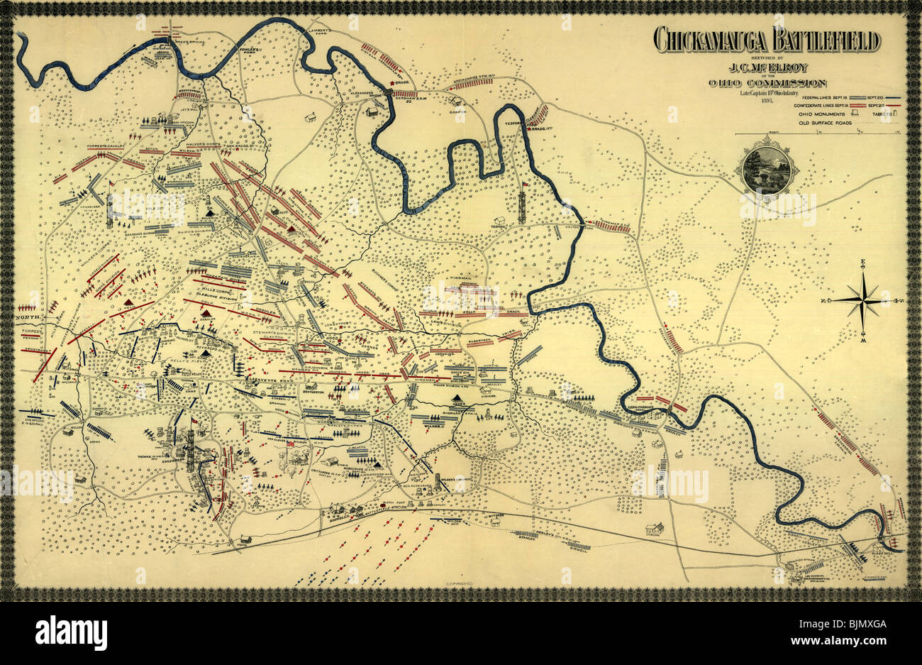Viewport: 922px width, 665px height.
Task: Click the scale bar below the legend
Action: coord(816,134)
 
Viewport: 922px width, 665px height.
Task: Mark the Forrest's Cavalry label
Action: coord(105,147)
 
